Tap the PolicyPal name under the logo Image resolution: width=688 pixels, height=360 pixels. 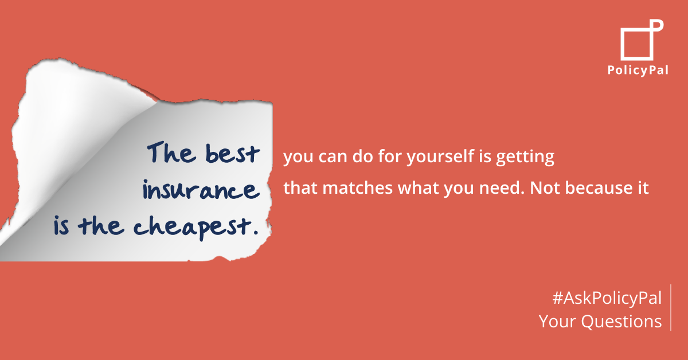(638, 71)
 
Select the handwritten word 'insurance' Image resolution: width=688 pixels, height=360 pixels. (201, 190)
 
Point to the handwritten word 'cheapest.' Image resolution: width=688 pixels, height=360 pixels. (196, 228)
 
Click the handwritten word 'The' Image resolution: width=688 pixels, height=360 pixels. (171, 152)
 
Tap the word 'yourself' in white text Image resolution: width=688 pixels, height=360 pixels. (440, 157)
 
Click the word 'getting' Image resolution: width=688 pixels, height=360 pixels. (525, 157)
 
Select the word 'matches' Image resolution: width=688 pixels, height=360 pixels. (358, 187)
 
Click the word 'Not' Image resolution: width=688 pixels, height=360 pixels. (545, 187)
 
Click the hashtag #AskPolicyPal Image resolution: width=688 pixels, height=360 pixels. (607, 298)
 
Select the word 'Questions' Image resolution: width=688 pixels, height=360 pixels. (621, 322)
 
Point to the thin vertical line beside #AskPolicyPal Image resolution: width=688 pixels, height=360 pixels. (671, 307)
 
